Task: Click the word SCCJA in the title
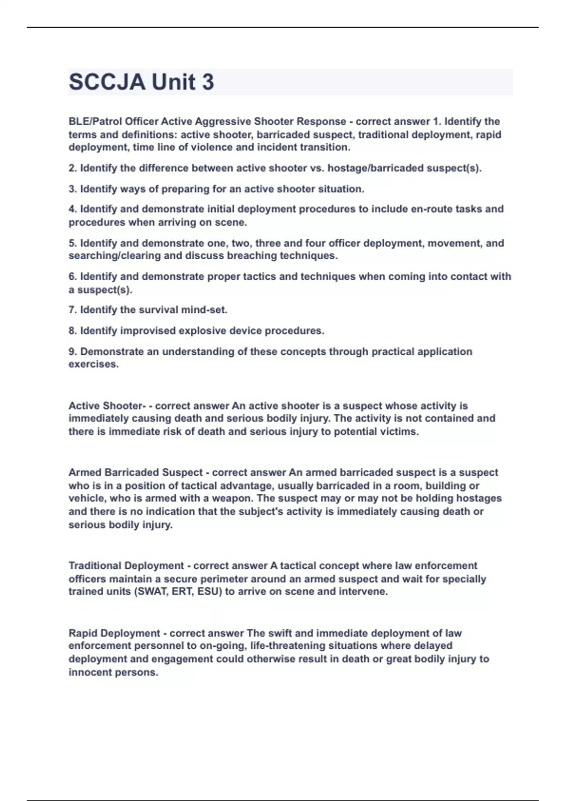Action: pos(107,82)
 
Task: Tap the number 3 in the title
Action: pos(208,82)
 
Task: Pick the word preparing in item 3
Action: pos(185,189)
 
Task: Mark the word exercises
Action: pos(93,364)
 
